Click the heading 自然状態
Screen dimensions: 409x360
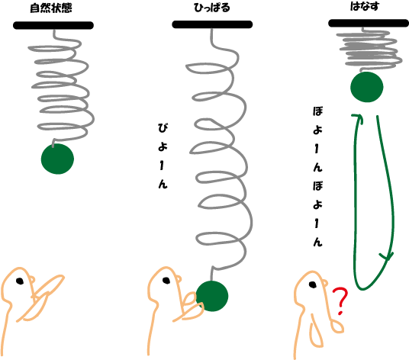[x=51, y=8]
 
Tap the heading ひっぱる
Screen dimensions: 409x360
[x=212, y=8]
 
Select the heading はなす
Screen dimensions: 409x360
[x=365, y=6]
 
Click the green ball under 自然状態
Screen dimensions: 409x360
[x=57, y=159]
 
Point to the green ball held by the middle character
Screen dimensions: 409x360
[x=212, y=296]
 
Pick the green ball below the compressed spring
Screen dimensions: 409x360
[x=367, y=87]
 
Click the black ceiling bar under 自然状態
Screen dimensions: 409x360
[x=53, y=25]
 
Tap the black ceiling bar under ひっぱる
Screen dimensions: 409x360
[x=212, y=24]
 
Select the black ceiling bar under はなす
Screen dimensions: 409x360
[x=369, y=23]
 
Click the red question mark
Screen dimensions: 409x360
[x=340, y=301]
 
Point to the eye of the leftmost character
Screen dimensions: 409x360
[x=20, y=281]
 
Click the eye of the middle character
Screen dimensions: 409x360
[x=166, y=281]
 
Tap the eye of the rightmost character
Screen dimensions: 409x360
[x=313, y=284]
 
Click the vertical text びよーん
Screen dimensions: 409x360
[x=163, y=156]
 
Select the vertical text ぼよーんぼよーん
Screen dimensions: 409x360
[x=317, y=176]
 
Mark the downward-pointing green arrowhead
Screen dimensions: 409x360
[x=387, y=257]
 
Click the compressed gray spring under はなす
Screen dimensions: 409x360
[x=369, y=50]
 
